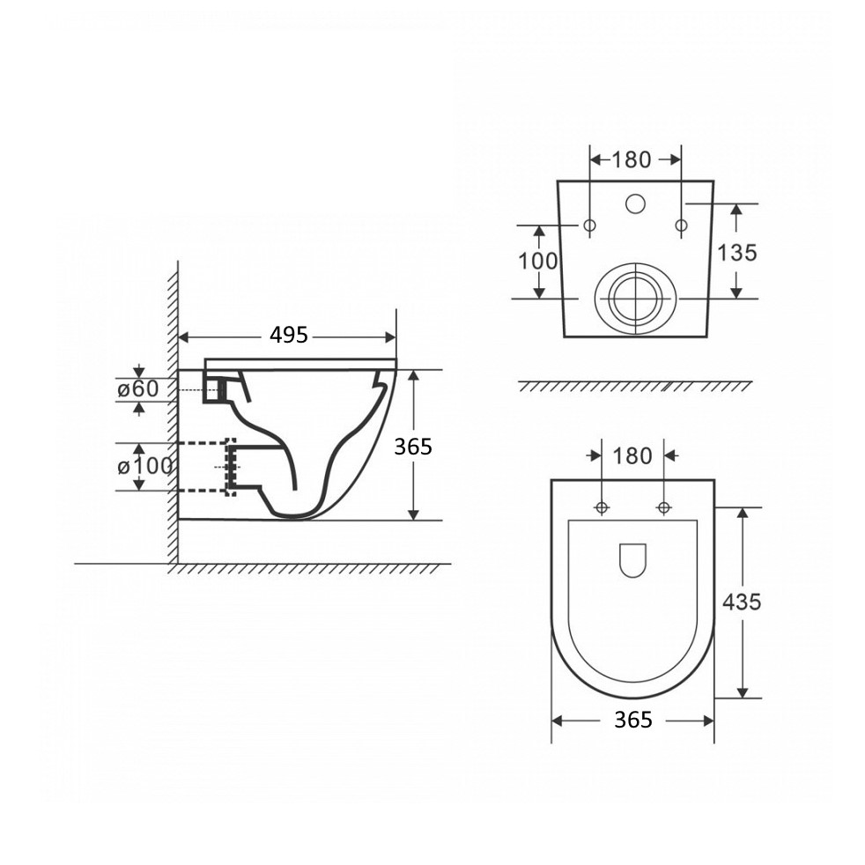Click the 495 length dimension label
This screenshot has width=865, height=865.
(x=289, y=335)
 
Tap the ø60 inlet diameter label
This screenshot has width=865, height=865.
(x=138, y=389)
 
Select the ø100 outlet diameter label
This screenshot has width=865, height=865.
(x=144, y=466)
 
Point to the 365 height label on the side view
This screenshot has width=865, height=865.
(x=412, y=447)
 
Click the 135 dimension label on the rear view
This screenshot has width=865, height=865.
(x=737, y=253)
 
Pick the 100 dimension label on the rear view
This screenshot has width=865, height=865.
(x=538, y=261)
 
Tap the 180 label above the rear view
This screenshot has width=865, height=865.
(x=632, y=160)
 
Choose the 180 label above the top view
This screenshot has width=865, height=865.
(x=632, y=456)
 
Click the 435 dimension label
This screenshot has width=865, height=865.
(x=742, y=602)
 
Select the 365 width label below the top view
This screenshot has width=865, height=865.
(x=633, y=720)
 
